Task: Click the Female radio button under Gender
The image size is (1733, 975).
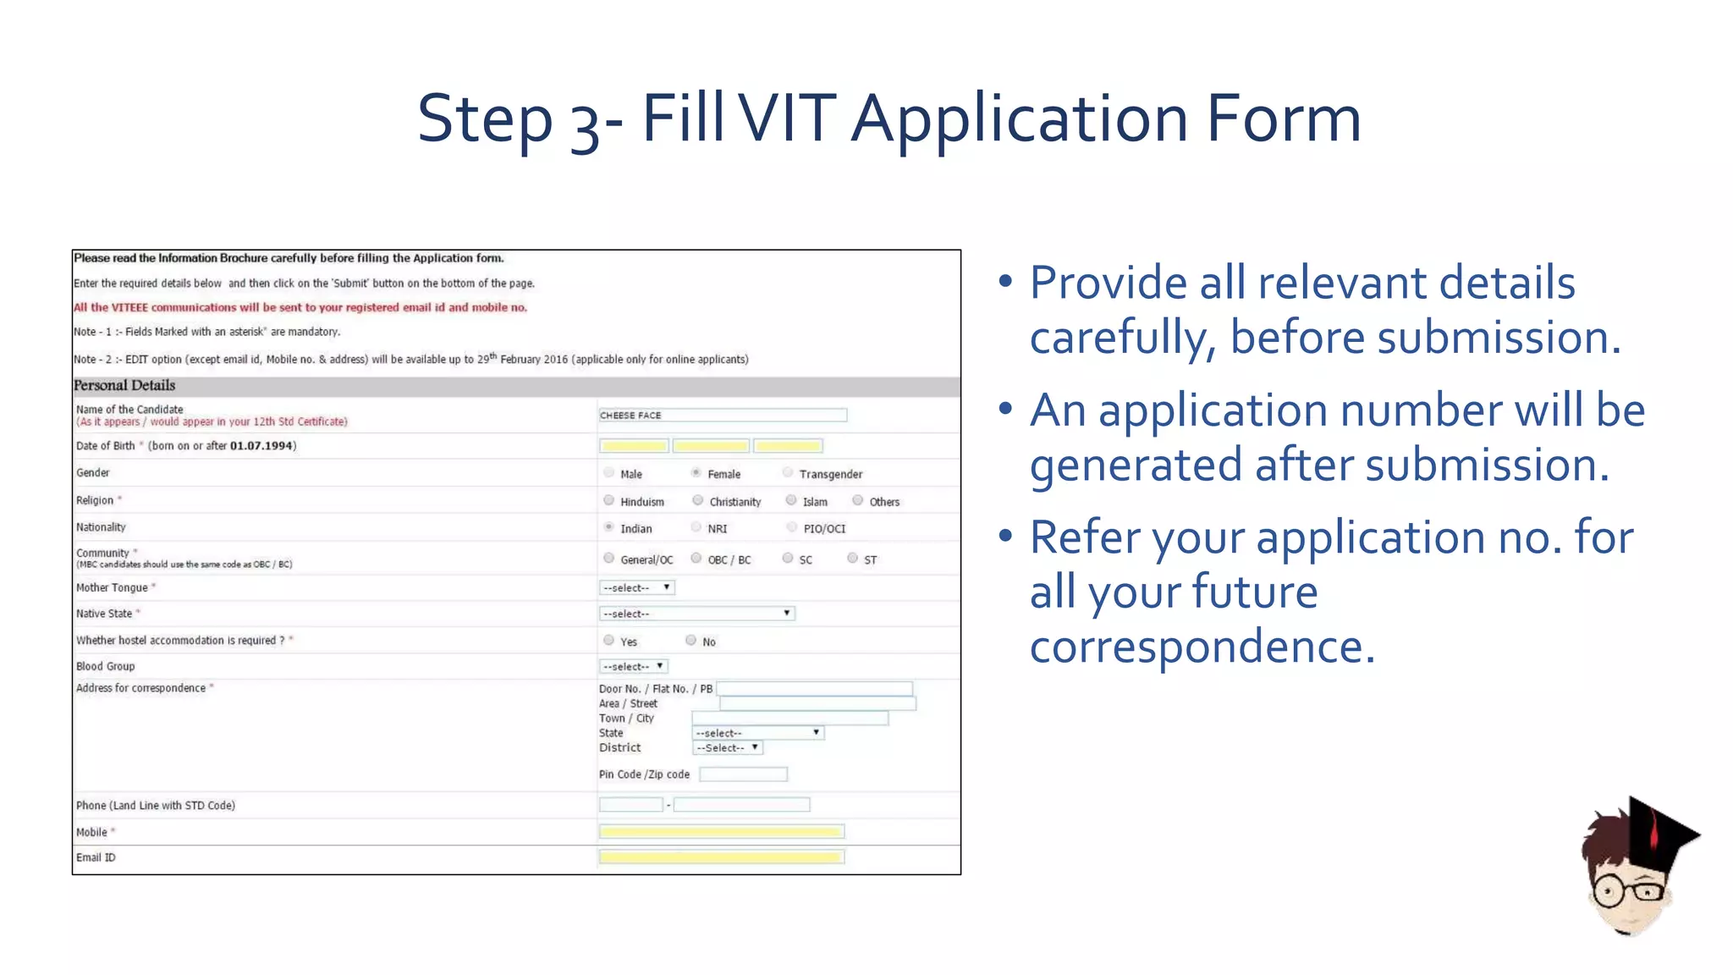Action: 696,472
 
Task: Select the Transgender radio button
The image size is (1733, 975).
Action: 788,472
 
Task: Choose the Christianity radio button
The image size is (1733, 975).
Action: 697,500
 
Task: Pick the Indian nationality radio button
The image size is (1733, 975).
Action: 608,527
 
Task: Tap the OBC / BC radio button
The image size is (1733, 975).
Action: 696,558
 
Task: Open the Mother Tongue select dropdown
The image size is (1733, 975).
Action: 636,587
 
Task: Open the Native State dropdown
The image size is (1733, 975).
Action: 696,613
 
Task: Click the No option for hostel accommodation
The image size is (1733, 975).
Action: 690,641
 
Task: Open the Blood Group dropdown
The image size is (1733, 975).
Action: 633,666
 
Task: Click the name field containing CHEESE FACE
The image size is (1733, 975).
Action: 722,415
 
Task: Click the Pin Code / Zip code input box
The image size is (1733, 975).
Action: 743,774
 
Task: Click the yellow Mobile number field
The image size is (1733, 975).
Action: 721,831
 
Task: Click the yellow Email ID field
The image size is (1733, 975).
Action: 721,857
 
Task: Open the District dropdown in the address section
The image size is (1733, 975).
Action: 727,747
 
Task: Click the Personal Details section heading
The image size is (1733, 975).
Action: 124,386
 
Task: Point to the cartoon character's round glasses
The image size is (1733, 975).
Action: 1626,891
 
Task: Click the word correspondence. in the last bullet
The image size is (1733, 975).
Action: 1202,647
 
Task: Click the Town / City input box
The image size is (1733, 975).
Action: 789,718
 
